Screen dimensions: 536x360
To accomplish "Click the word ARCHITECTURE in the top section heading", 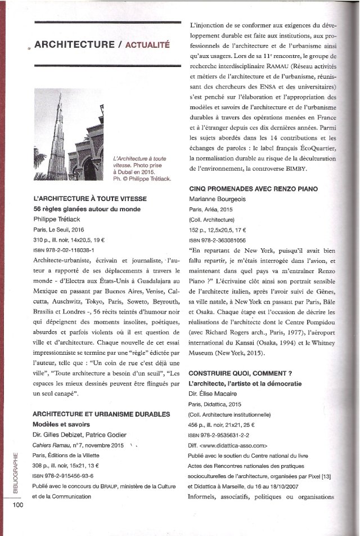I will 73,46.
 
